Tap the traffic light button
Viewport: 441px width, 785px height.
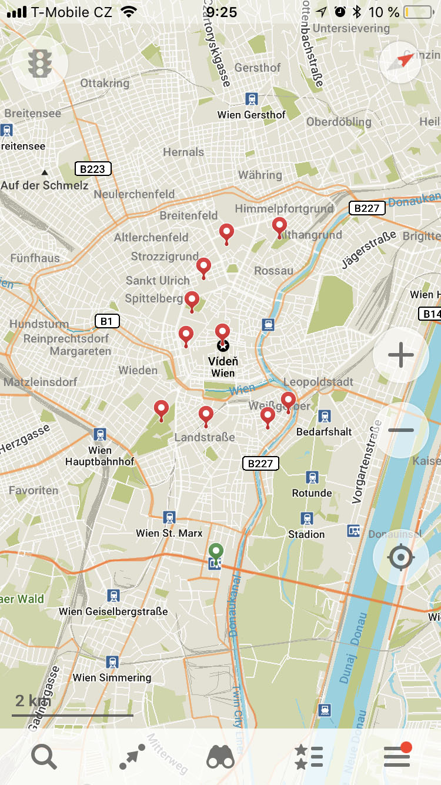(x=39, y=62)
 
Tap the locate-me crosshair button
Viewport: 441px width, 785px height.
(x=401, y=557)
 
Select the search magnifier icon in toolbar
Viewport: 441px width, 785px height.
(x=44, y=757)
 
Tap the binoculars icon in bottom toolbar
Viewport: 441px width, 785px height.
(x=220, y=757)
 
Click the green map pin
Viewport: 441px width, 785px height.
(x=216, y=553)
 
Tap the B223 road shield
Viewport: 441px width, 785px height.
(x=92, y=169)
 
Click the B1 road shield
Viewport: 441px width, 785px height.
(x=106, y=321)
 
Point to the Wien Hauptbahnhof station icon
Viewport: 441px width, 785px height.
(x=100, y=435)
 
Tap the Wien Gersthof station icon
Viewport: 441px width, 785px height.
(x=252, y=99)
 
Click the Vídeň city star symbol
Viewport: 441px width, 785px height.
(x=223, y=346)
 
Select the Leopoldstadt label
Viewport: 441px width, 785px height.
(x=318, y=382)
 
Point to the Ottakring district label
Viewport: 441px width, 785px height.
(x=105, y=83)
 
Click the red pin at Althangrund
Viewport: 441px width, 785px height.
(x=279, y=226)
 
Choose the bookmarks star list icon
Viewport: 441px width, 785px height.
(x=309, y=757)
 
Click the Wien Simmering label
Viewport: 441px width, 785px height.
(x=112, y=677)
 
